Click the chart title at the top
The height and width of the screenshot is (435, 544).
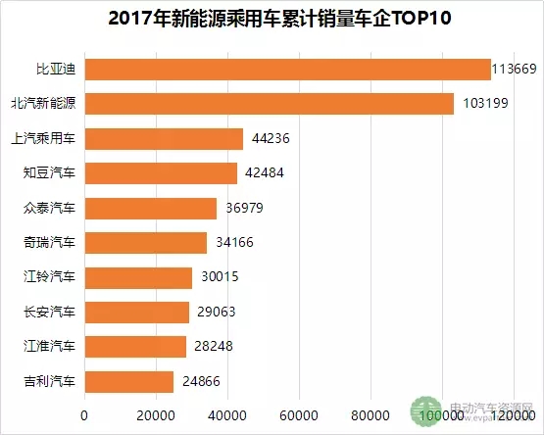tap(272, 20)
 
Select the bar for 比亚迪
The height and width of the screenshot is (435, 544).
tap(287, 70)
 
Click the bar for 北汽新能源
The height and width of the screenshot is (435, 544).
tap(270, 104)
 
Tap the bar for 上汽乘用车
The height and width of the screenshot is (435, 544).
tap(164, 139)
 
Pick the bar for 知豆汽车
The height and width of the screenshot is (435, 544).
tap(161, 173)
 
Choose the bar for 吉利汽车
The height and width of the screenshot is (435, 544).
tap(129, 381)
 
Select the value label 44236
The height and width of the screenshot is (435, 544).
tap(270, 139)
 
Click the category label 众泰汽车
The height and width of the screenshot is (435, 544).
tap(49, 209)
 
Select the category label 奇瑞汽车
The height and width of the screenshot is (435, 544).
tap(49, 243)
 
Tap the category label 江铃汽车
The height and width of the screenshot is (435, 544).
tap(49, 278)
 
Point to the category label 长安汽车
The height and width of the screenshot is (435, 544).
tap(49, 313)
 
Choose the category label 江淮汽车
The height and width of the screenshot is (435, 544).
tap(49, 347)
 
